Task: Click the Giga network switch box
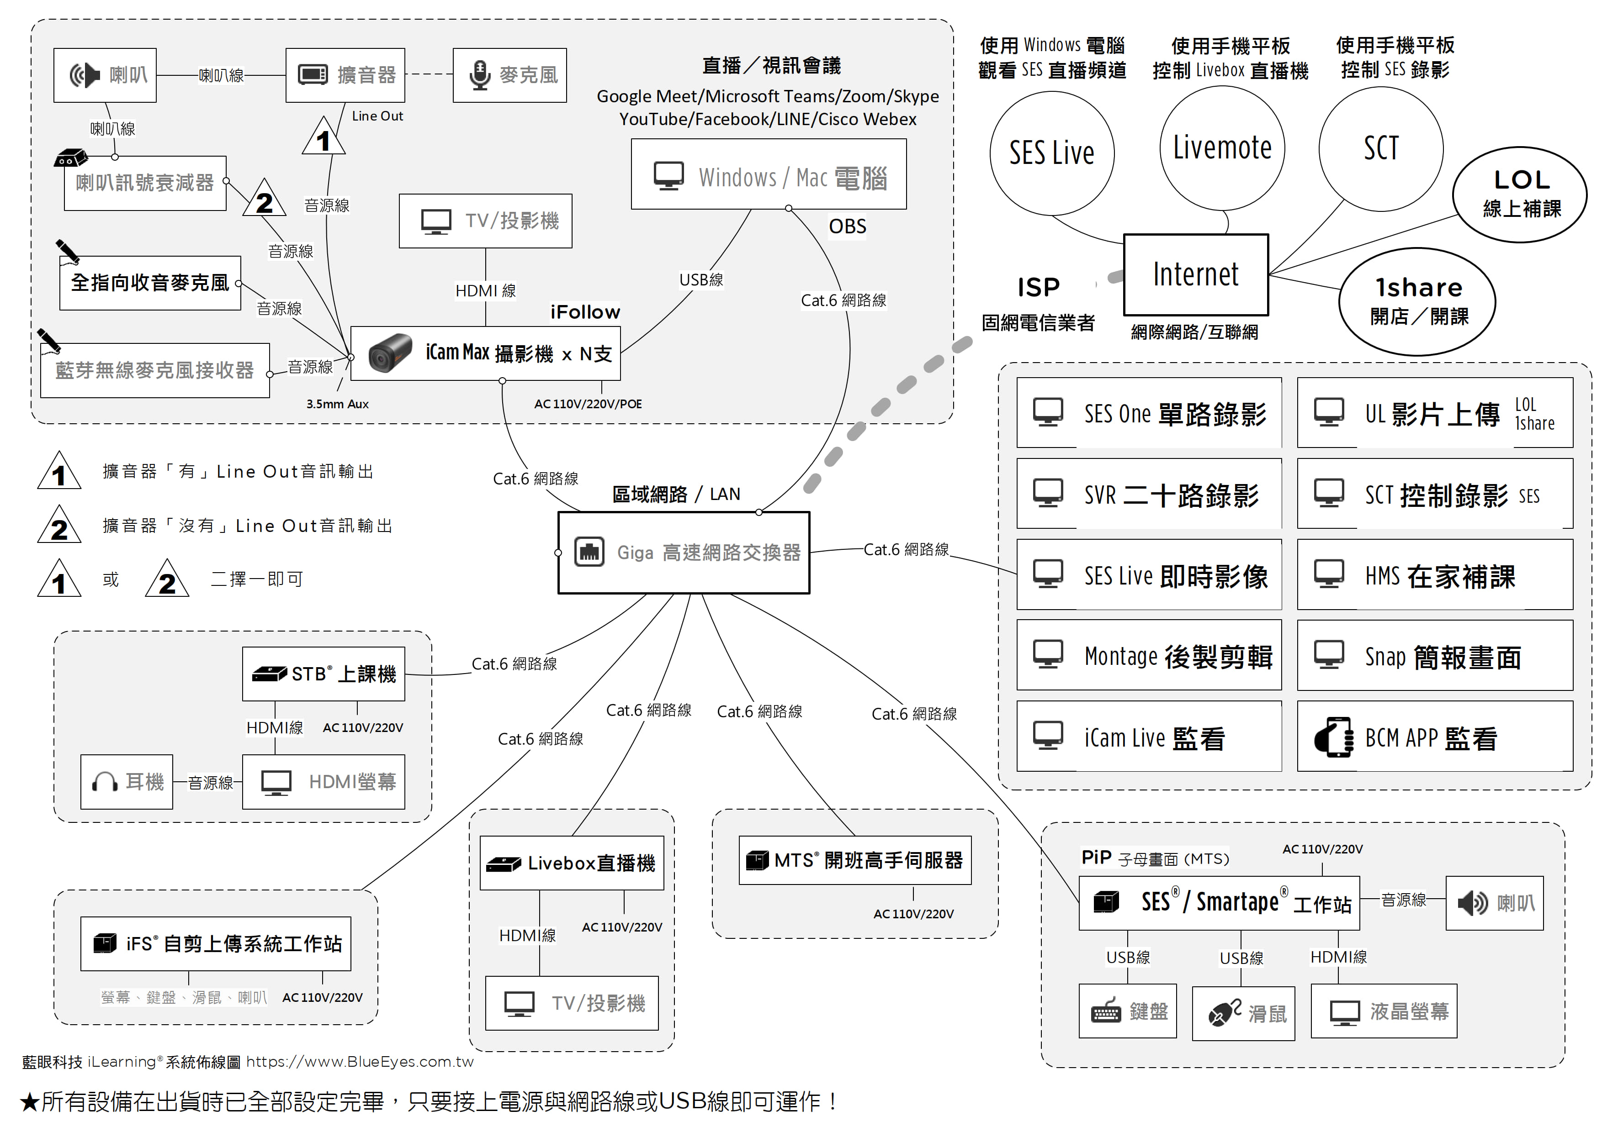683,553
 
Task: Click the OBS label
847,226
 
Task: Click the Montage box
1148,656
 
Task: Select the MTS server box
855,860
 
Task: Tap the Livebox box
572,863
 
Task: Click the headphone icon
105,782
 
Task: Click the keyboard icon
1106,1011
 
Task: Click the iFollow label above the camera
585,312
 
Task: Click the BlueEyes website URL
359,1062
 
